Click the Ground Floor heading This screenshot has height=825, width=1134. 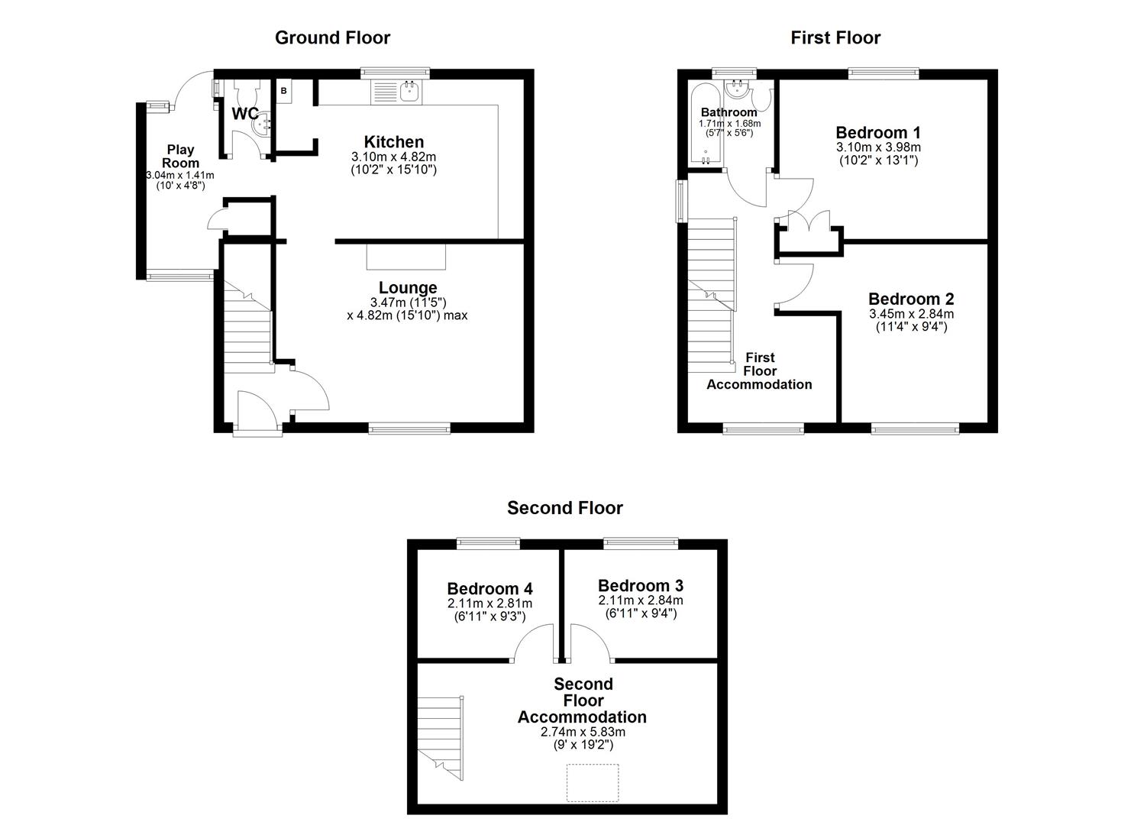(332, 37)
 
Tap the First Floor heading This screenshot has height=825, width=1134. (835, 37)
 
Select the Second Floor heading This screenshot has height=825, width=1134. (565, 508)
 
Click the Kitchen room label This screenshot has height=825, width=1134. (393, 142)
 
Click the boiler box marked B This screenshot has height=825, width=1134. (284, 91)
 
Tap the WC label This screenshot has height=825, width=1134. (244, 114)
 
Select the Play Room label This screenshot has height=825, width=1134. (180, 156)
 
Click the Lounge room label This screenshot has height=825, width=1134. (408, 288)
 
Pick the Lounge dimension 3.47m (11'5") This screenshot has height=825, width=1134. (408, 302)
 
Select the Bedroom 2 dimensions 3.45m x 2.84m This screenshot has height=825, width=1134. (911, 314)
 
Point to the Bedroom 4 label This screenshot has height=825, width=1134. (489, 589)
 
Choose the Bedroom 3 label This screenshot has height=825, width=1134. (641, 586)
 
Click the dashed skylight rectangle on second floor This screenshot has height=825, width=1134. (593, 782)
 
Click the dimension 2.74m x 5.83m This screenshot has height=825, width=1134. (583, 732)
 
